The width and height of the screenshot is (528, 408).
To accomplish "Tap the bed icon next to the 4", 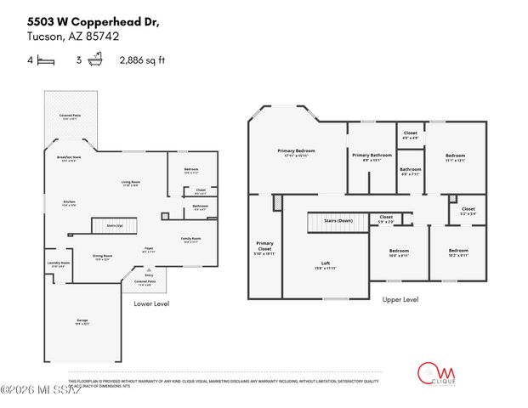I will (48, 60).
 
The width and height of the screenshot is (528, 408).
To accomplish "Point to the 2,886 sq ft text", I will (142, 60).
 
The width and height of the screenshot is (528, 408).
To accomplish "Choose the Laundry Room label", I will (58, 264).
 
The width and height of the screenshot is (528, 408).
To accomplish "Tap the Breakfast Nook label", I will (69, 159).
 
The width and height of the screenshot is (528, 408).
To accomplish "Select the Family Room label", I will (191, 241).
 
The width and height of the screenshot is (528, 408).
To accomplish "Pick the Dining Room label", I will (103, 257).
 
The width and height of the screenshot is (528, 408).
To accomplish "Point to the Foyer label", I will (148, 249).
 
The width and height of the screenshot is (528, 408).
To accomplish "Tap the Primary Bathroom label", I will (372, 156).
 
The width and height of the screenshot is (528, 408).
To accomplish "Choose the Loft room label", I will (326, 264).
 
